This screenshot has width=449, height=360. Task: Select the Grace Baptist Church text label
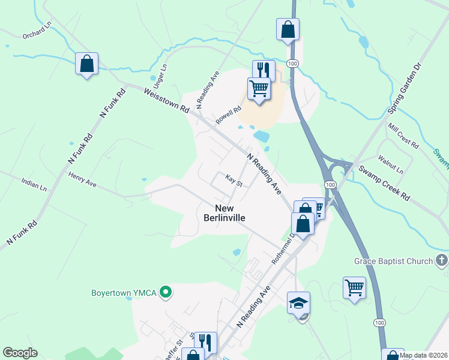click(393, 261)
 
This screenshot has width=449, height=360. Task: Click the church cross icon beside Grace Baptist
click(441, 260)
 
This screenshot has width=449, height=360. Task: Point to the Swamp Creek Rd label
click(384, 181)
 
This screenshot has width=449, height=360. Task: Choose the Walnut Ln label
click(391, 163)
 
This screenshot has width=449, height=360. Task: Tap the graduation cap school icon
click(298, 303)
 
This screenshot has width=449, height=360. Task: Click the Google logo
click(20, 353)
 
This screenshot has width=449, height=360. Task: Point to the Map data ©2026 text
click(423, 355)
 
